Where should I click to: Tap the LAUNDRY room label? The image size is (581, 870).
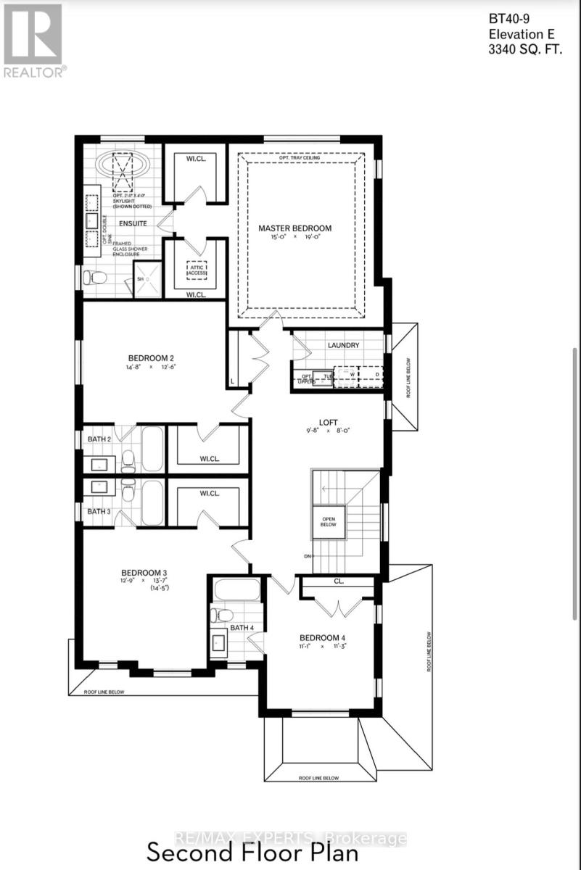pos(343,345)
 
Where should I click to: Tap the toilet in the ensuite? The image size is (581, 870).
pos(96,277)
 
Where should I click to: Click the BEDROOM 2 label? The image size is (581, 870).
pos(151,357)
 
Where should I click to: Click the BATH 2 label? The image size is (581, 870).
pos(99,439)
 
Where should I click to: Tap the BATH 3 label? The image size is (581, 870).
pos(99,511)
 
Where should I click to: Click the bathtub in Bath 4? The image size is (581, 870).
pos(236,589)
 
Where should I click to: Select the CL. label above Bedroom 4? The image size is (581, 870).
pos(338,581)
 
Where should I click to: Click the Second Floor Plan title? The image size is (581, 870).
pos(252,852)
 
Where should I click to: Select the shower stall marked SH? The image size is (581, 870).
pos(147,279)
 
